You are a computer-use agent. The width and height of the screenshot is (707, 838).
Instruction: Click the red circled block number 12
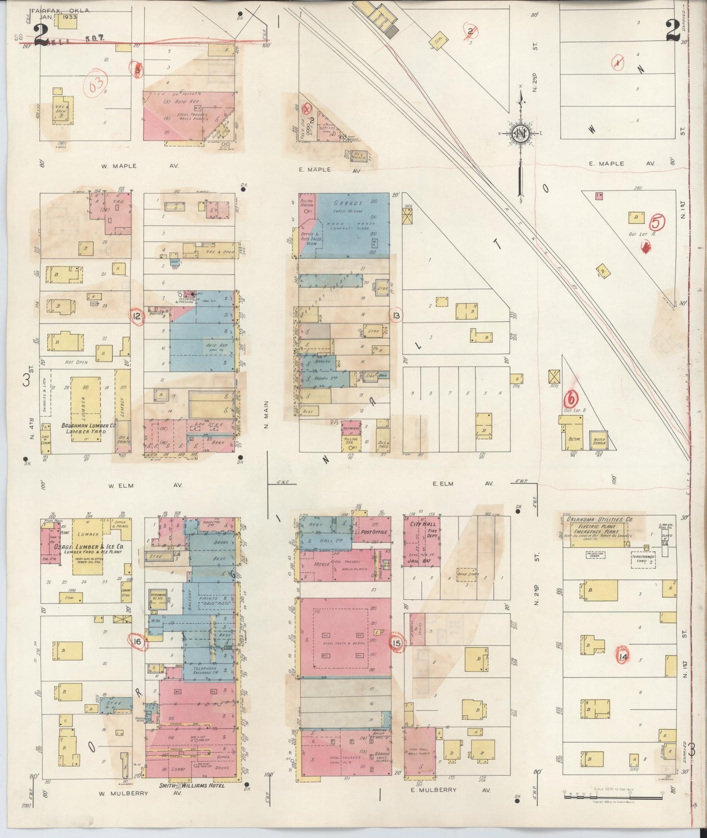(x=137, y=316)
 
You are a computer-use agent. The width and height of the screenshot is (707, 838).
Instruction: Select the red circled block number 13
(x=396, y=316)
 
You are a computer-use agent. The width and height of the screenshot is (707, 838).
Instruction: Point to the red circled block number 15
(x=396, y=643)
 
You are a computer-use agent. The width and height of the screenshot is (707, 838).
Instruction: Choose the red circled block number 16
(x=138, y=642)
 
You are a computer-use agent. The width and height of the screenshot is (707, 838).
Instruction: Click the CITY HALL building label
(x=421, y=524)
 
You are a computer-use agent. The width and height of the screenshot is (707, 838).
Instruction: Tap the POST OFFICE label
(x=374, y=532)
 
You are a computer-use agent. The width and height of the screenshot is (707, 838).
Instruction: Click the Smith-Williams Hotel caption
(x=192, y=786)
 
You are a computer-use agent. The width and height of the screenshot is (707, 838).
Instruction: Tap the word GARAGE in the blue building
(x=348, y=203)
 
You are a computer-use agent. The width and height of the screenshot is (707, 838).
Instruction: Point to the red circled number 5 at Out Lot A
(x=658, y=222)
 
